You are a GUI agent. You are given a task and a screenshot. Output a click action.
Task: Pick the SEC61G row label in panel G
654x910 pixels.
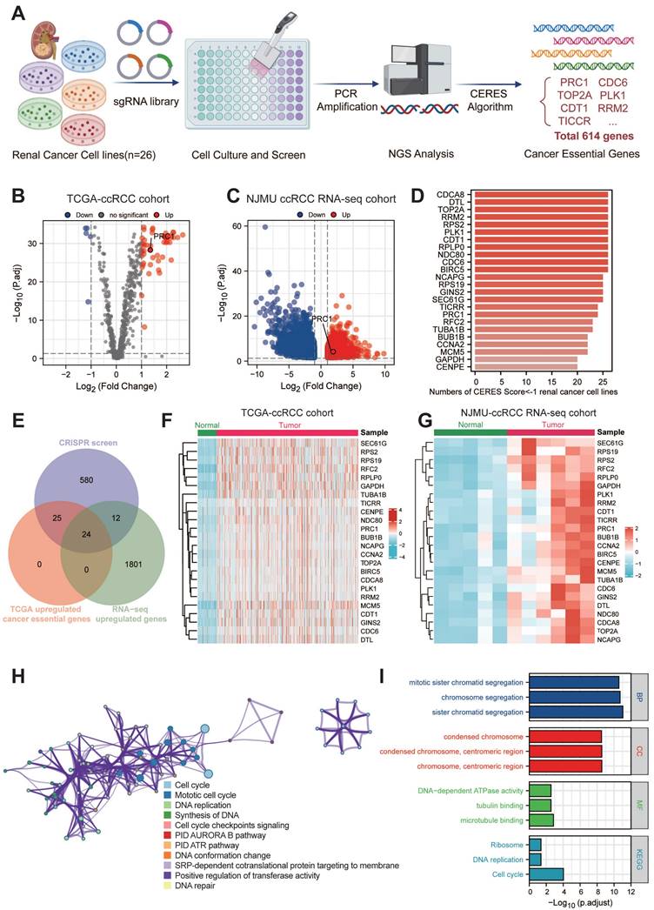click(x=614, y=443)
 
